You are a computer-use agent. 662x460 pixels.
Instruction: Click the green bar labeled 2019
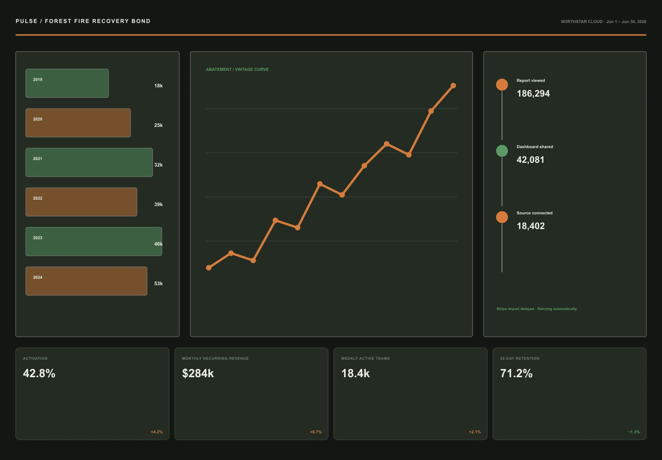point(67,83)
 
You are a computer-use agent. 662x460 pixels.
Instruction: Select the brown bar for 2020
point(78,123)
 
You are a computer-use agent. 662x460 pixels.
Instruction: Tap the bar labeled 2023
point(94,241)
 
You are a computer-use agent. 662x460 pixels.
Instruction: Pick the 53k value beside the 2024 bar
point(159,283)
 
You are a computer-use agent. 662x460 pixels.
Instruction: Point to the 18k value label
point(159,86)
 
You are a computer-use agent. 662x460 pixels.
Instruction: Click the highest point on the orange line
point(453,86)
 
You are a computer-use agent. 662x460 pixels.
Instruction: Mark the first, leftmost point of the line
point(209,268)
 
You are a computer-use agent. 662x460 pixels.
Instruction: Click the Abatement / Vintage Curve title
point(237,69)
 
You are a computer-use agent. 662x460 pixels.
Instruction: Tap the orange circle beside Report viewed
point(502,85)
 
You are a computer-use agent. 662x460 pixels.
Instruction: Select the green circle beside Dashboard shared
point(502,151)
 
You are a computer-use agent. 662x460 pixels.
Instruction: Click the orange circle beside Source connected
point(502,217)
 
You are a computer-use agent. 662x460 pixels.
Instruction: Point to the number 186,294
point(533,94)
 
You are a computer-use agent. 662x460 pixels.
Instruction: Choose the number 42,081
point(531,160)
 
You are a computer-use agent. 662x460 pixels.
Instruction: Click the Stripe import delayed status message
point(536,309)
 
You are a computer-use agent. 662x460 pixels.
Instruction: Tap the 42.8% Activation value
point(39,374)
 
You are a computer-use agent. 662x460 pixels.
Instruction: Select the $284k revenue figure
point(198,374)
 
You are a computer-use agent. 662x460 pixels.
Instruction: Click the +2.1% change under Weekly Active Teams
point(474,432)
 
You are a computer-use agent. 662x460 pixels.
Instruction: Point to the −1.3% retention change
point(634,432)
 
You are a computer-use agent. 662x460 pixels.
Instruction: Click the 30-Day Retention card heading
point(519,359)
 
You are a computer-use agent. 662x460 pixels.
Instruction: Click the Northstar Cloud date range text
point(604,22)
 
